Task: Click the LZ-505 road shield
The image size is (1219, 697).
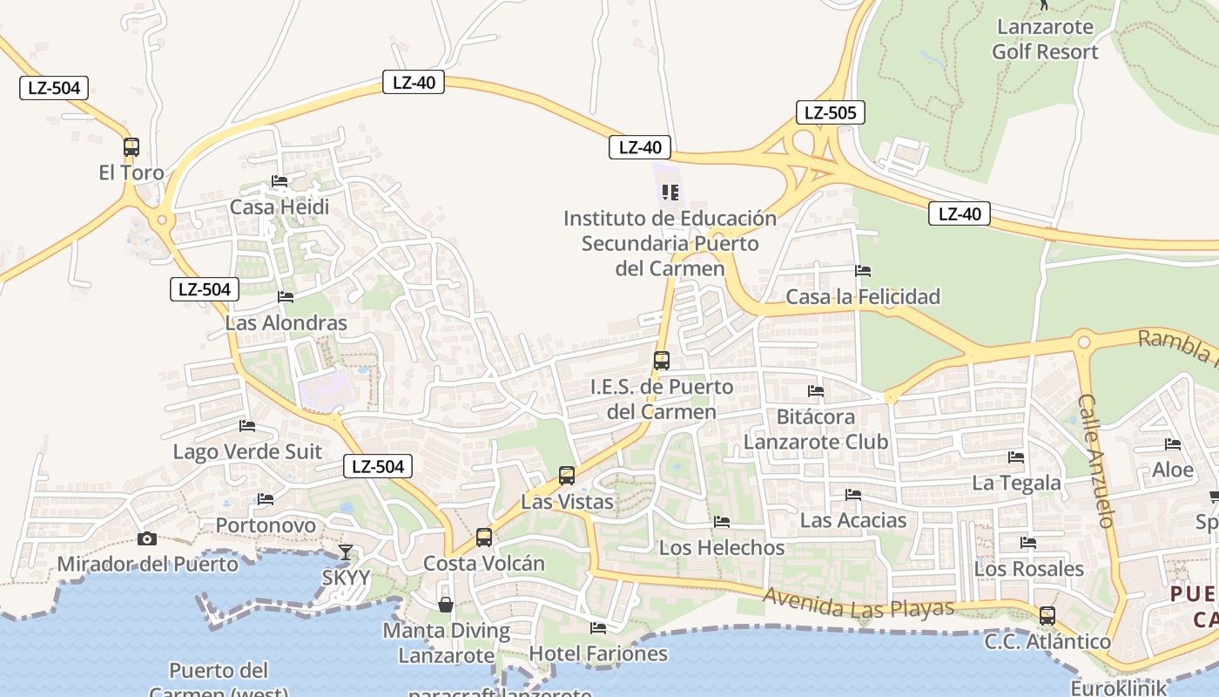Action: click(830, 112)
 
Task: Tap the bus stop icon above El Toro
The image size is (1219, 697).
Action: click(131, 146)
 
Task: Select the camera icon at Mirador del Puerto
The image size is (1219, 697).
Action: click(146, 538)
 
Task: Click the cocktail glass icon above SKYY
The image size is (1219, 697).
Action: click(346, 552)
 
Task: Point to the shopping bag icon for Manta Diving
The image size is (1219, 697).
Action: click(445, 604)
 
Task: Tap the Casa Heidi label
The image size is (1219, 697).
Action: click(279, 207)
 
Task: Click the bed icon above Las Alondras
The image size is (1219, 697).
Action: click(286, 297)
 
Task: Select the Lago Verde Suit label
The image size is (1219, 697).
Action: click(247, 451)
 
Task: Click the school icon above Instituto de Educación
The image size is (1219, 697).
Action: click(670, 193)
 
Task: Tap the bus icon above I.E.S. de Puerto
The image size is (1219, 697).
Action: click(662, 360)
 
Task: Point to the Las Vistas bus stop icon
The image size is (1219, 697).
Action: click(567, 476)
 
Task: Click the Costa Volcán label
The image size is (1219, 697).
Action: click(484, 564)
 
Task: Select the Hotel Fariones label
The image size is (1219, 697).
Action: click(598, 653)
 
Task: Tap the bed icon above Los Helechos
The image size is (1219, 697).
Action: click(722, 523)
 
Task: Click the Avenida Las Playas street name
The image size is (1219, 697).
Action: click(859, 604)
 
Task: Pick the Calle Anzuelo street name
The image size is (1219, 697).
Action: click(1096, 461)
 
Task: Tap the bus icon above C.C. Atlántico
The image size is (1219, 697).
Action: click(1047, 616)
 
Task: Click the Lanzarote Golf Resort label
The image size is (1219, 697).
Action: click(1045, 39)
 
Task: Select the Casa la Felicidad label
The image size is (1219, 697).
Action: click(863, 297)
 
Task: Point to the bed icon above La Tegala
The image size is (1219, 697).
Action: click(1016, 457)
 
